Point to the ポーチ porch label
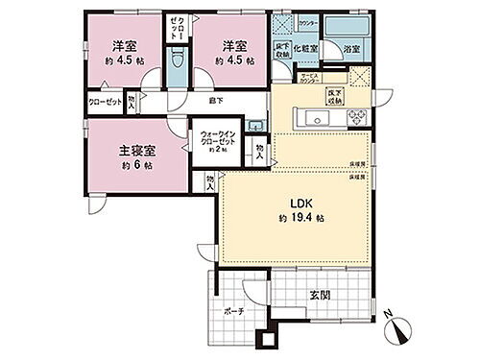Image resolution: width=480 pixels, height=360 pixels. coord(233,312)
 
